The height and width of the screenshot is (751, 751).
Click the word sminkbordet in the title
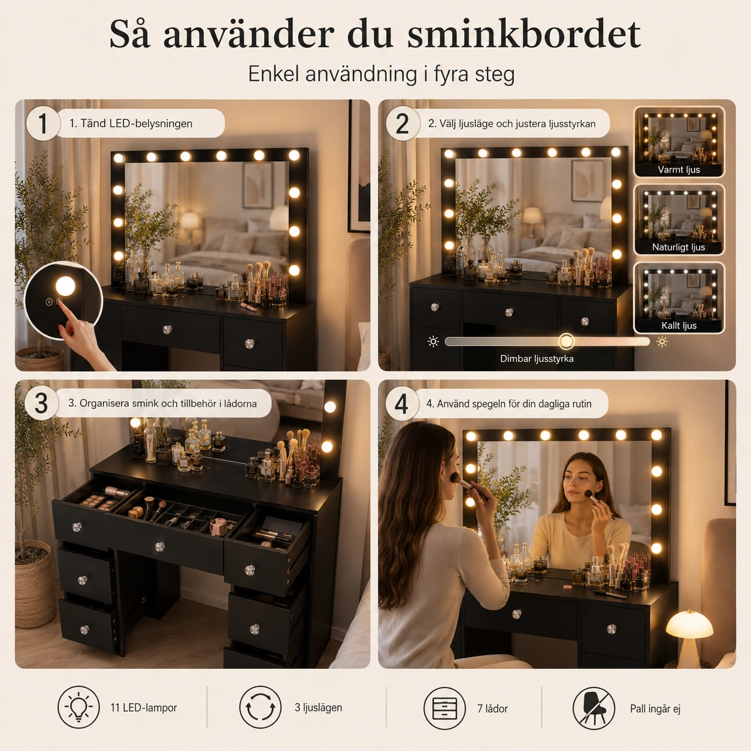coord(524,34)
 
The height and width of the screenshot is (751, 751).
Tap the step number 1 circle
coord(43,123)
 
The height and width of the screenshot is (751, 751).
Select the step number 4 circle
coord(401,404)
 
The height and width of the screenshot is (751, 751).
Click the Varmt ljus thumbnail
coord(679,141)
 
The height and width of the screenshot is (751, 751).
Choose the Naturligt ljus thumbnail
coord(679,219)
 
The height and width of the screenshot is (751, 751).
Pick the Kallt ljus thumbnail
coord(679,298)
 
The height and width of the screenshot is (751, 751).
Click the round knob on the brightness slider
coord(567,342)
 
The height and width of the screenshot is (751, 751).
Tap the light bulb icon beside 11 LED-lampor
coord(78,707)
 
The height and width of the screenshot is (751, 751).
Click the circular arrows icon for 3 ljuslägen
coord(261,707)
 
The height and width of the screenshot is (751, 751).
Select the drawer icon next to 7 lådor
coord(444,708)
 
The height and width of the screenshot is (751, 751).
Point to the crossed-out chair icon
coord(594,708)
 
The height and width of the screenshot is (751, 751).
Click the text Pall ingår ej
coord(655,708)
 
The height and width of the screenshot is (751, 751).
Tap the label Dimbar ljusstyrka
coord(537,359)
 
